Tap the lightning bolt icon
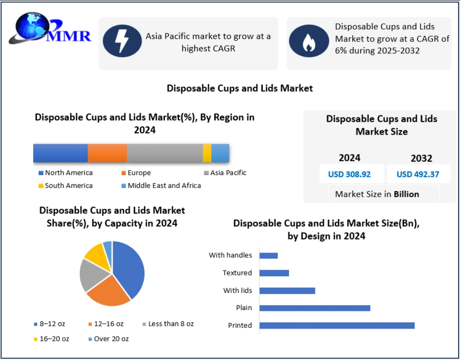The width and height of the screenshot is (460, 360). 123,41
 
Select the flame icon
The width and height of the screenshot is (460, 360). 309,41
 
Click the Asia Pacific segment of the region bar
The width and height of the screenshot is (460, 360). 164,153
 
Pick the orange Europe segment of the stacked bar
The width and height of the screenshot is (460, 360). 107,153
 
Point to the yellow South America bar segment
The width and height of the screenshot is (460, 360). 207,153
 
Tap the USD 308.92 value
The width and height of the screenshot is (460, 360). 349,174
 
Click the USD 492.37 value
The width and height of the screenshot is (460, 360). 418,174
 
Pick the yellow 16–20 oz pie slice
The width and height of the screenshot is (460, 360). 95,255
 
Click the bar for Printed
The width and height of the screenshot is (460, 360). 337,325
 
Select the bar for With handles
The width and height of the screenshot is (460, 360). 268,255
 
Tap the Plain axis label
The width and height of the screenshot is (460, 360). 244,308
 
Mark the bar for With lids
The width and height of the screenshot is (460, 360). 287,290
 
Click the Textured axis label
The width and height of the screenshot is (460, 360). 237,273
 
